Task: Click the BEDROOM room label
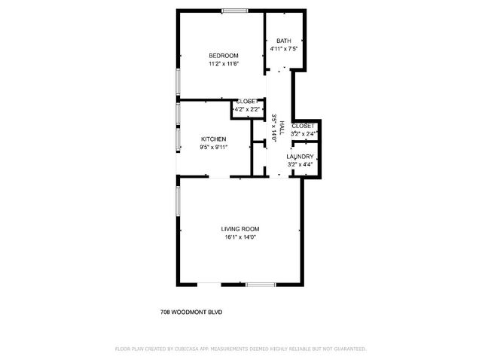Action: pos(224,56)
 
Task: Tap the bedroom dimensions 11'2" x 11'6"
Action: pos(224,65)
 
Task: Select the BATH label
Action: pos(283,41)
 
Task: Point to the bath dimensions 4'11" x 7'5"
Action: pos(284,49)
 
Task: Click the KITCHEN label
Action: pos(213,139)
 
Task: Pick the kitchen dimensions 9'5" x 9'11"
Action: pos(213,148)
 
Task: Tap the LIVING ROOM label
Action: pos(240,229)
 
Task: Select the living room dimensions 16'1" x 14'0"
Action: pos(240,237)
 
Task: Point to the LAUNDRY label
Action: pos(300,157)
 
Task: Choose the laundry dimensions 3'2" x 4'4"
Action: pos(300,164)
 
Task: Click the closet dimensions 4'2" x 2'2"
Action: pos(247,110)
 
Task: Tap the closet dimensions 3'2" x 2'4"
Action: pos(303,133)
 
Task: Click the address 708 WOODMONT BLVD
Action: pos(191,312)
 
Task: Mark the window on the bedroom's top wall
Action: pos(233,10)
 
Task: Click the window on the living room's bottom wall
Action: pos(260,283)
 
